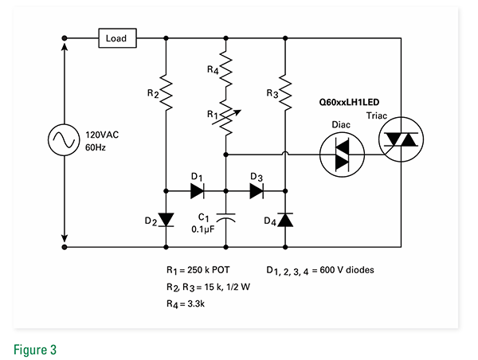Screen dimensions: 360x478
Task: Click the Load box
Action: pyautogui.click(x=116, y=37)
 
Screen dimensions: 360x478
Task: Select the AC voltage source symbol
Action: pyautogui.click(x=64, y=141)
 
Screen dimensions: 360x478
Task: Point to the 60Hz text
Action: pyautogui.click(x=97, y=147)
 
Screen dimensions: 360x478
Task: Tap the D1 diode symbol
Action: pyautogui.click(x=198, y=191)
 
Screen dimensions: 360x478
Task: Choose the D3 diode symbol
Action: pyautogui.click(x=257, y=191)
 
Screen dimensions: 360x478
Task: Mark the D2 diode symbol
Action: pyautogui.click(x=166, y=217)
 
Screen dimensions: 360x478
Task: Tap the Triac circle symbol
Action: pyautogui.click(x=401, y=140)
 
